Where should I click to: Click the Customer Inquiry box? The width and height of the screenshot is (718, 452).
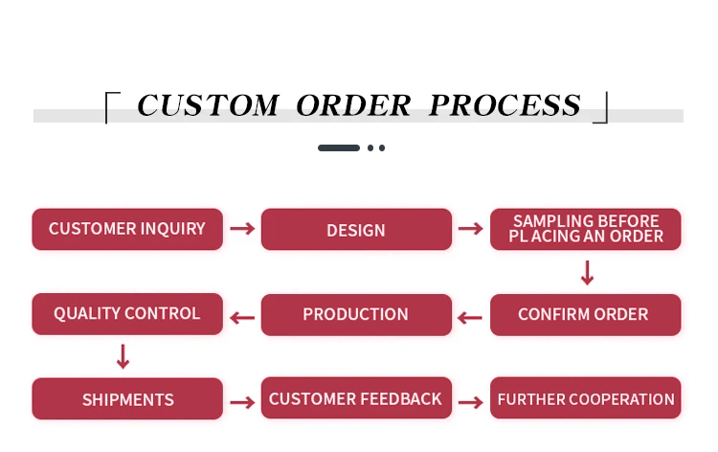pos(127,230)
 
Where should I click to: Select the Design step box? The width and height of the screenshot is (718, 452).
pos(356,230)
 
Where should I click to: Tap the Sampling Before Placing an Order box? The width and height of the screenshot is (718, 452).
pos(586,230)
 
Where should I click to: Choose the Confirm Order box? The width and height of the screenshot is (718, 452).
pos(586,314)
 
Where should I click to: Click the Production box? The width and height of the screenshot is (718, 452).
pos(356,314)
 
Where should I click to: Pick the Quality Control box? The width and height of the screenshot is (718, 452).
pos(127,314)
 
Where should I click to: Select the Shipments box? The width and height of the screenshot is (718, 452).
pos(127,399)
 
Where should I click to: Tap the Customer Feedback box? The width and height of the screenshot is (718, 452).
pos(356,399)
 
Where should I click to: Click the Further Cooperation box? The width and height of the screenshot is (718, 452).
pos(586,399)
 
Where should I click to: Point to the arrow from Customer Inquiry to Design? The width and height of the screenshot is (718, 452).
pos(242,229)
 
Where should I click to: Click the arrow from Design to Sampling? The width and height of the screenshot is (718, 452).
pos(470,229)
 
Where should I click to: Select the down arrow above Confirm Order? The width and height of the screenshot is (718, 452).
pos(587,274)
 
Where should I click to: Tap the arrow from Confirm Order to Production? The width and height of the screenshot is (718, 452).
pos(470,317)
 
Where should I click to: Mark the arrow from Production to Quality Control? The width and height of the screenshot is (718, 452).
pos(242,317)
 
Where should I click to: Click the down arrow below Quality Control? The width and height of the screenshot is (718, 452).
pos(123,357)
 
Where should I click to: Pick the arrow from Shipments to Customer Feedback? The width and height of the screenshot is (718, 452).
pos(242,399)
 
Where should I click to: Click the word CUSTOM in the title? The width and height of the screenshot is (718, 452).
pos(208,105)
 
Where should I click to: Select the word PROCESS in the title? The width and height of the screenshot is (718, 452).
pos(505,105)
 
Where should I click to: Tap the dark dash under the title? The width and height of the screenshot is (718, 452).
pos(339,148)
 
